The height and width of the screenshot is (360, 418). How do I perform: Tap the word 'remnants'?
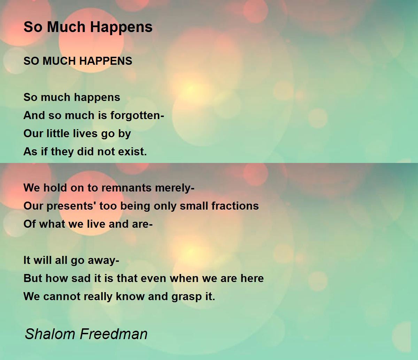click(126, 188)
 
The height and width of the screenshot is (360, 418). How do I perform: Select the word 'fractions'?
click(235, 206)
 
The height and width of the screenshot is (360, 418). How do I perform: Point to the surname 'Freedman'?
click(114, 334)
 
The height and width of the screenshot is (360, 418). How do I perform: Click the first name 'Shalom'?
click(50, 334)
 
